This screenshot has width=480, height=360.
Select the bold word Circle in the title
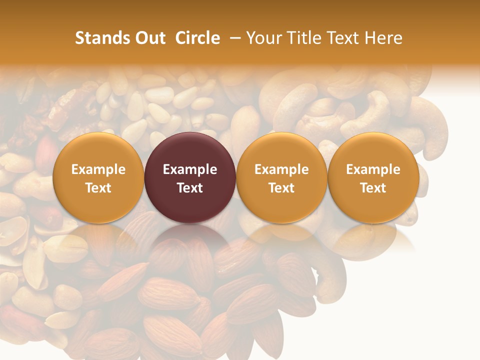pyautogui.click(x=197, y=38)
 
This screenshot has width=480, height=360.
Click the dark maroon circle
pyautogui.click(x=190, y=150)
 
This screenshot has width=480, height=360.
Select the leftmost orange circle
pyautogui.click(x=98, y=150)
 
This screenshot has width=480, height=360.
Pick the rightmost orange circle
pyautogui.click(x=373, y=150)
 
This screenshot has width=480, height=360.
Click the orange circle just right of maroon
pyautogui.click(x=281, y=150)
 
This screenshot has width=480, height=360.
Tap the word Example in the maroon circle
pyautogui.click(x=190, y=169)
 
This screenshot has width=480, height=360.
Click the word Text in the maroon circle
pyautogui.click(x=190, y=188)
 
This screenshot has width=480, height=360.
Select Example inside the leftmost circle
pyautogui.click(x=98, y=169)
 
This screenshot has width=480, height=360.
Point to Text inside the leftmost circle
pyautogui.click(x=98, y=188)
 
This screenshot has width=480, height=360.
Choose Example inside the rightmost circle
pyautogui.click(x=373, y=169)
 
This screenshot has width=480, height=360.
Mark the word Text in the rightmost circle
pyautogui.click(x=373, y=188)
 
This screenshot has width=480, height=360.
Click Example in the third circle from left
pyautogui.click(x=281, y=169)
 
